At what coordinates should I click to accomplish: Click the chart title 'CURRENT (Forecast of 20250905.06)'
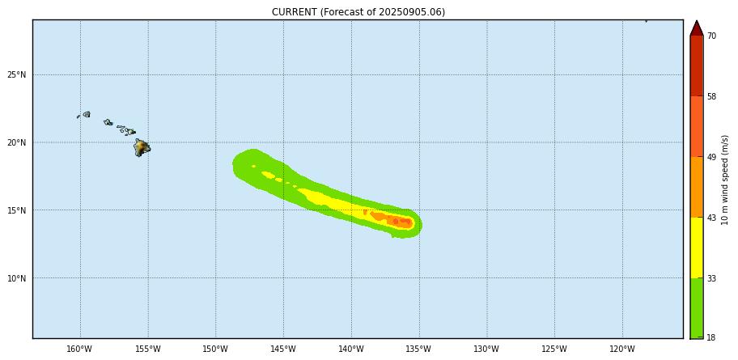[x=358, y=12]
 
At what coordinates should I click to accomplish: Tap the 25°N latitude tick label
[x=17, y=75]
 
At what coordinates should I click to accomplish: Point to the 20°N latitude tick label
[x=17, y=143]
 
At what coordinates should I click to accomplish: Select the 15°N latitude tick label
[x=17, y=211]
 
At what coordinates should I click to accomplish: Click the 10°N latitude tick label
[x=17, y=279]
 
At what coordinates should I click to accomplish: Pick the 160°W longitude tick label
[x=79, y=349]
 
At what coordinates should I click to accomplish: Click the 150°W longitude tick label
[x=215, y=349]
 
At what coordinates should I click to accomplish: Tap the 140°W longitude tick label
[x=351, y=349]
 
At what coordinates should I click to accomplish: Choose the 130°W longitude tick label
[x=486, y=349]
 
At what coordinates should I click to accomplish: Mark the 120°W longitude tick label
[x=622, y=349]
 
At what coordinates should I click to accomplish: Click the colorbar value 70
[x=711, y=36]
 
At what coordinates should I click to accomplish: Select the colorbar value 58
[x=711, y=97]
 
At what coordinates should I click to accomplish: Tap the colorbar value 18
[x=711, y=337]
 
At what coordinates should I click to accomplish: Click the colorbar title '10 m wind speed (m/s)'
[x=726, y=180]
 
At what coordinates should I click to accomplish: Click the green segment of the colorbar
[x=696, y=307]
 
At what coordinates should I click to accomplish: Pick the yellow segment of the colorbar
[x=696, y=248]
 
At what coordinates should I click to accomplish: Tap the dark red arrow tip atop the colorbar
[x=696, y=28]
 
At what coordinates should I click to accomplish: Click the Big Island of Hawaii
[x=142, y=148]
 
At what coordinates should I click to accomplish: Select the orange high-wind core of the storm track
[x=397, y=220]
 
